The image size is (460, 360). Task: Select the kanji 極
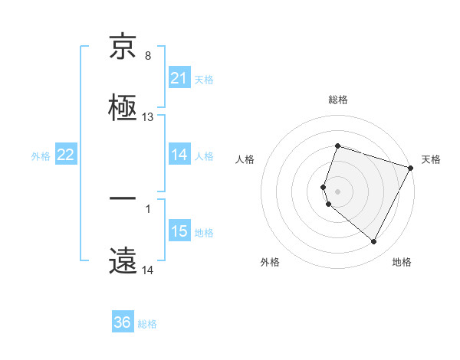pyautogui.click(x=123, y=107)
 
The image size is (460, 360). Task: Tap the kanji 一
pyautogui.click(x=123, y=201)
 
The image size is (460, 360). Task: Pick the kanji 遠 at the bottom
pyautogui.click(x=123, y=260)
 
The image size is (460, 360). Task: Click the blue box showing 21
pyautogui.click(x=179, y=78)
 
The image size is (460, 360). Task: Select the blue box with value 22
pyautogui.click(x=66, y=155)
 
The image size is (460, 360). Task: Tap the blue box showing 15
pyautogui.click(x=179, y=231)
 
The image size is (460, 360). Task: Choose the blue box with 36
pyautogui.click(x=123, y=322)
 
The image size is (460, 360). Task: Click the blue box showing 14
pyautogui.click(x=179, y=155)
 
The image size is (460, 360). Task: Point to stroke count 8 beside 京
pyautogui.click(x=148, y=56)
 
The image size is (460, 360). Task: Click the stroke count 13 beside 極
pyautogui.click(x=148, y=117)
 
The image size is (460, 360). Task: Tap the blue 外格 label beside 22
pyautogui.click(x=41, y=156)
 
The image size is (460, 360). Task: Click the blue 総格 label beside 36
pyautogui.click(x=148, y=324)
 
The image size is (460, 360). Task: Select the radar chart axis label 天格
pyautogui.click(x=431, y=159)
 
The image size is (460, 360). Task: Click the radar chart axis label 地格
pyautogui.click(x=402, y=262)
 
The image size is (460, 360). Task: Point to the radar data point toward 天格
pyautogui.click(x=412, y=167)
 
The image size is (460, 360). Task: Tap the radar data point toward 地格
pyautogui.click(x=374, y=242)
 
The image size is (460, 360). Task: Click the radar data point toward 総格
pyautogui.click(x=337, y=146)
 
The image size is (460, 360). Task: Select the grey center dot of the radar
pyautogui.click(x=337, y=190)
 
